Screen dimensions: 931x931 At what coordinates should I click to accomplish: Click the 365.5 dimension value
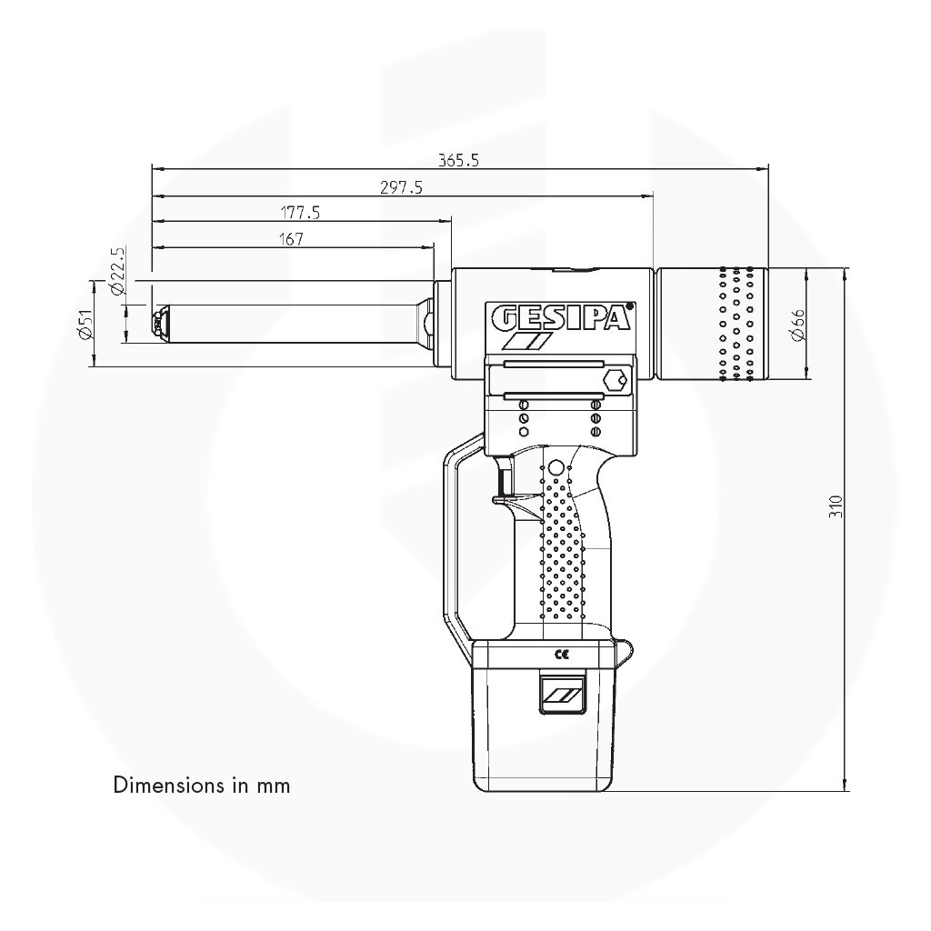(458, 160)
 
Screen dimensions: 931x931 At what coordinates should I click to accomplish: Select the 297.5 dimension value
(401, 187)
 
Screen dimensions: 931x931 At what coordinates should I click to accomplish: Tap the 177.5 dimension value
(300, 213)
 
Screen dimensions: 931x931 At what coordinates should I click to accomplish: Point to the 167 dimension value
(291, 239)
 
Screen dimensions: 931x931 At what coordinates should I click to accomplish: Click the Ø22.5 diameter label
(118, 271)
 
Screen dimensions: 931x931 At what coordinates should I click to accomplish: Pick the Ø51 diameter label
(86, 325)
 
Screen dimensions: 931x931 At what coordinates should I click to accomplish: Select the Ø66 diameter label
(797, 325)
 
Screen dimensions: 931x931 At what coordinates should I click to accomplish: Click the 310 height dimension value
(836, 506)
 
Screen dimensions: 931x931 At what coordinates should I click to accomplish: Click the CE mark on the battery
(561, 655)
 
